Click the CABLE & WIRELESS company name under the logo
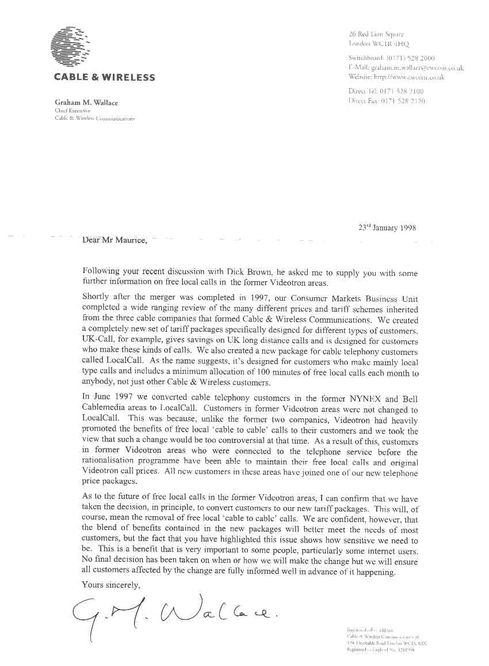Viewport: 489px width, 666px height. tap(104, 77)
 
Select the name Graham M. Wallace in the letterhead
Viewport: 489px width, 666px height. tap(86, 103)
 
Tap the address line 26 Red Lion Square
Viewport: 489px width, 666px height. tap(376, 34)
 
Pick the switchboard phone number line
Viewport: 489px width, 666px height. tap(392, 58)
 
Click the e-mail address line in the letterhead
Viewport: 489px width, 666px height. tap(406, 67)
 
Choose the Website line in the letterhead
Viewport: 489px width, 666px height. tap(396, 77)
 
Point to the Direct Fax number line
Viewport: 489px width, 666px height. tap(387, 101)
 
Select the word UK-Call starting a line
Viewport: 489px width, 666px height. tap(101, 341)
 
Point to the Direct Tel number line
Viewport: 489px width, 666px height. tap(386, 92)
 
